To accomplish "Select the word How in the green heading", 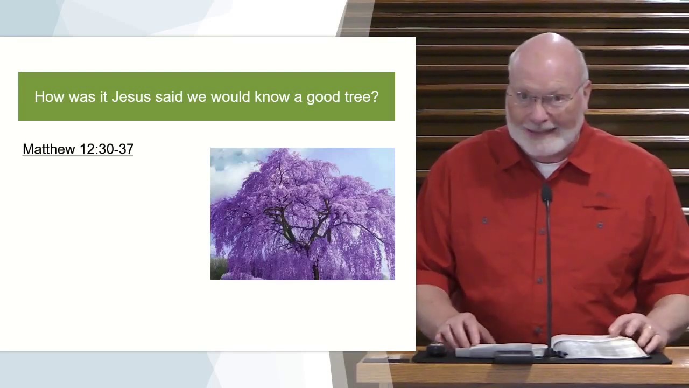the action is (x=49, y=96).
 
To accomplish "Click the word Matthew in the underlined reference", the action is (x=49, y=149).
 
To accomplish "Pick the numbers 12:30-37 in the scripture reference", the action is (x=107, y=149).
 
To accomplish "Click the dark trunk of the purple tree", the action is (x=315, y=269).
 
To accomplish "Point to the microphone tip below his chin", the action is (x=546, y=192).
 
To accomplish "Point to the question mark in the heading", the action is (x=375, y=96).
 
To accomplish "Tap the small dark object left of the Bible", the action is (x=436, y=350).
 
